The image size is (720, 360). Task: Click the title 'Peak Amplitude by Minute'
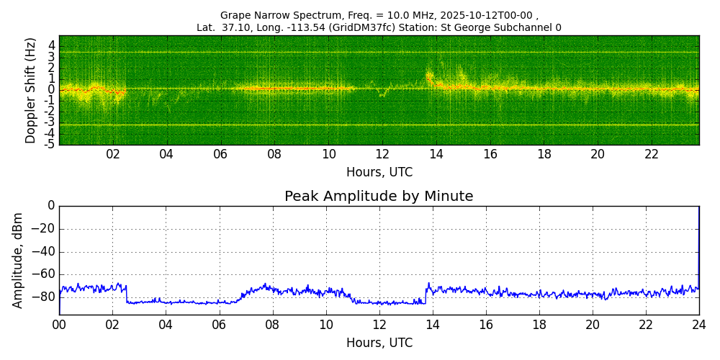click(x=379, y=197)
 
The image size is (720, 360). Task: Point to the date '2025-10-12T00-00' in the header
click(x=490, y=15)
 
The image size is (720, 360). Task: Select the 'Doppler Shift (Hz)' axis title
click(x=30, y=90)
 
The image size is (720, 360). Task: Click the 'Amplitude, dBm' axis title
click(x=19, y=260)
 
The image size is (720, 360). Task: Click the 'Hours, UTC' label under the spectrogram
click(x=379, y=173)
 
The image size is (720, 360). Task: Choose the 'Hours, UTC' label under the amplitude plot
click(x=379, y=343)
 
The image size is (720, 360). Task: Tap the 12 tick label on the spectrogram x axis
click(x=382, y=155)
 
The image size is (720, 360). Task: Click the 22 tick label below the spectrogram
click(x=652, y=155)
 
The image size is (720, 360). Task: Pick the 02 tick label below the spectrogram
click(x=113, y=155)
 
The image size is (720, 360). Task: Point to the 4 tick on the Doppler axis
click(x=51, y=45)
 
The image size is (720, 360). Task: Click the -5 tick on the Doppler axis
click(x=49, y=144)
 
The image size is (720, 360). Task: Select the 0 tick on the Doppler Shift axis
click(x=51, y=90)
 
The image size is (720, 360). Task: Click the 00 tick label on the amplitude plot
click(x=59, y=325)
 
